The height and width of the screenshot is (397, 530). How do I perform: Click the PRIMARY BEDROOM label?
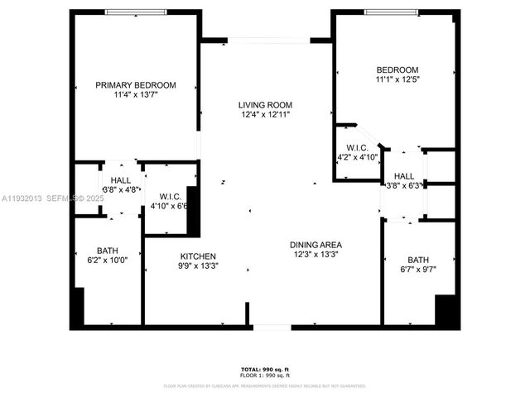[x=136, y=85]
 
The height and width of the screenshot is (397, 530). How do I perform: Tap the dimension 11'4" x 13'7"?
[x=136, y=95]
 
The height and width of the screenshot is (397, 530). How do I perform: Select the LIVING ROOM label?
[x=265, y=105]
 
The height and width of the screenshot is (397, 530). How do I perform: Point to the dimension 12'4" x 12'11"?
[x=265, y=115]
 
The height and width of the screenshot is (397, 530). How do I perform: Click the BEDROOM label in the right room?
[x=397, y=69]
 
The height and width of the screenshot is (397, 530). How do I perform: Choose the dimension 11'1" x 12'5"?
[x=397, y=79]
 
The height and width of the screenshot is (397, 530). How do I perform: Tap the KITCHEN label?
[x=198, y=256]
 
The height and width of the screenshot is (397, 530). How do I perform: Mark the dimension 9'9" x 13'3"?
[x=198, y=266]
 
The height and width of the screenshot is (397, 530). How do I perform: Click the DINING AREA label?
[x=316, y=245]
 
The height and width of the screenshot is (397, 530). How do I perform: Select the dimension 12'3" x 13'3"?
[x=316, y=255]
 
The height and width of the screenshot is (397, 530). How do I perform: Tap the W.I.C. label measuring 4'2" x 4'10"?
[x=357, y=147]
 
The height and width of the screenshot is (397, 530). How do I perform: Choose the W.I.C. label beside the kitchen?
[x=171, y=196]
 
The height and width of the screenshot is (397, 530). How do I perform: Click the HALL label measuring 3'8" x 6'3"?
[x=403, y=176]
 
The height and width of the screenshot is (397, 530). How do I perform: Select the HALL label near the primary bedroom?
[x=121, y=180]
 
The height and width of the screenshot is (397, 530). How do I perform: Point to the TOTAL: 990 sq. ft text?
[x=265, y=369]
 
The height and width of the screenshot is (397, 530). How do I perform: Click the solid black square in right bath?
[x=447, y=312]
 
